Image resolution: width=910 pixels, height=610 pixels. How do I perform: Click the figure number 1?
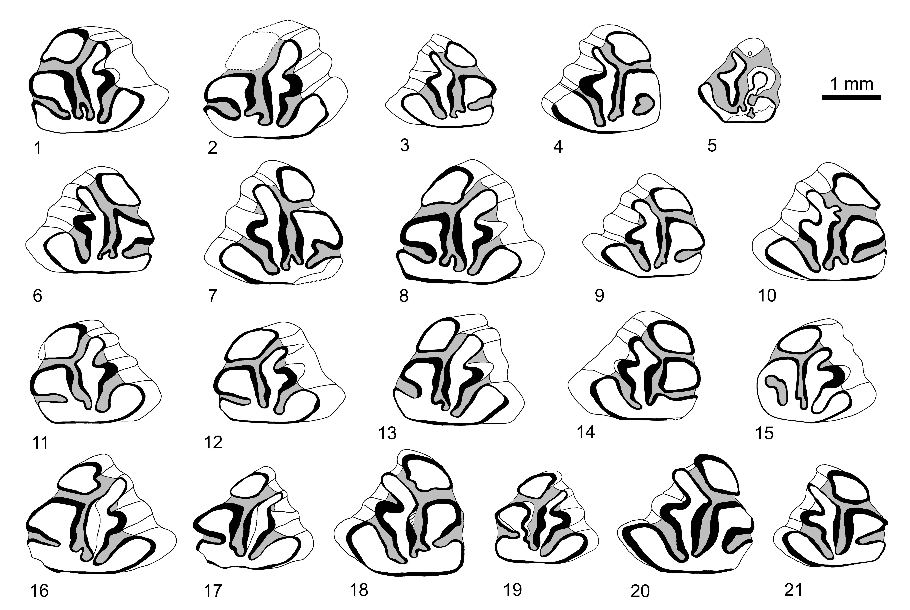38,148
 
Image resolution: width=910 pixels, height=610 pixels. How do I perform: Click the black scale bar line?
851,97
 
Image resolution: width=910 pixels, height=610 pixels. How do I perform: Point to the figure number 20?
640,591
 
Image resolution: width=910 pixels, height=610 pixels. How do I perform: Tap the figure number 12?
213,443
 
